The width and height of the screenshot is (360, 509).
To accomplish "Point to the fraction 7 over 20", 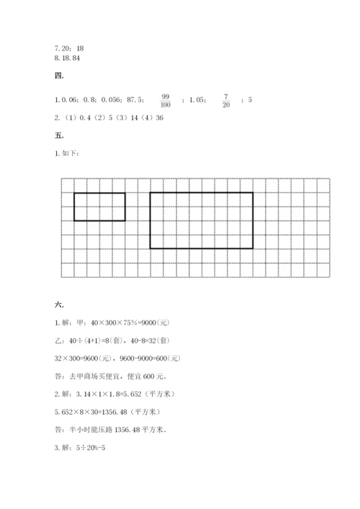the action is tap(225, 99).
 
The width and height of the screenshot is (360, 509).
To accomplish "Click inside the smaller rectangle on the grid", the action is tap(99, 207).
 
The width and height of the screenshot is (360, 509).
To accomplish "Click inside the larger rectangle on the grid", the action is tap(201, 220).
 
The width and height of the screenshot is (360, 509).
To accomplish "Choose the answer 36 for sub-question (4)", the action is tap(160, 118).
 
